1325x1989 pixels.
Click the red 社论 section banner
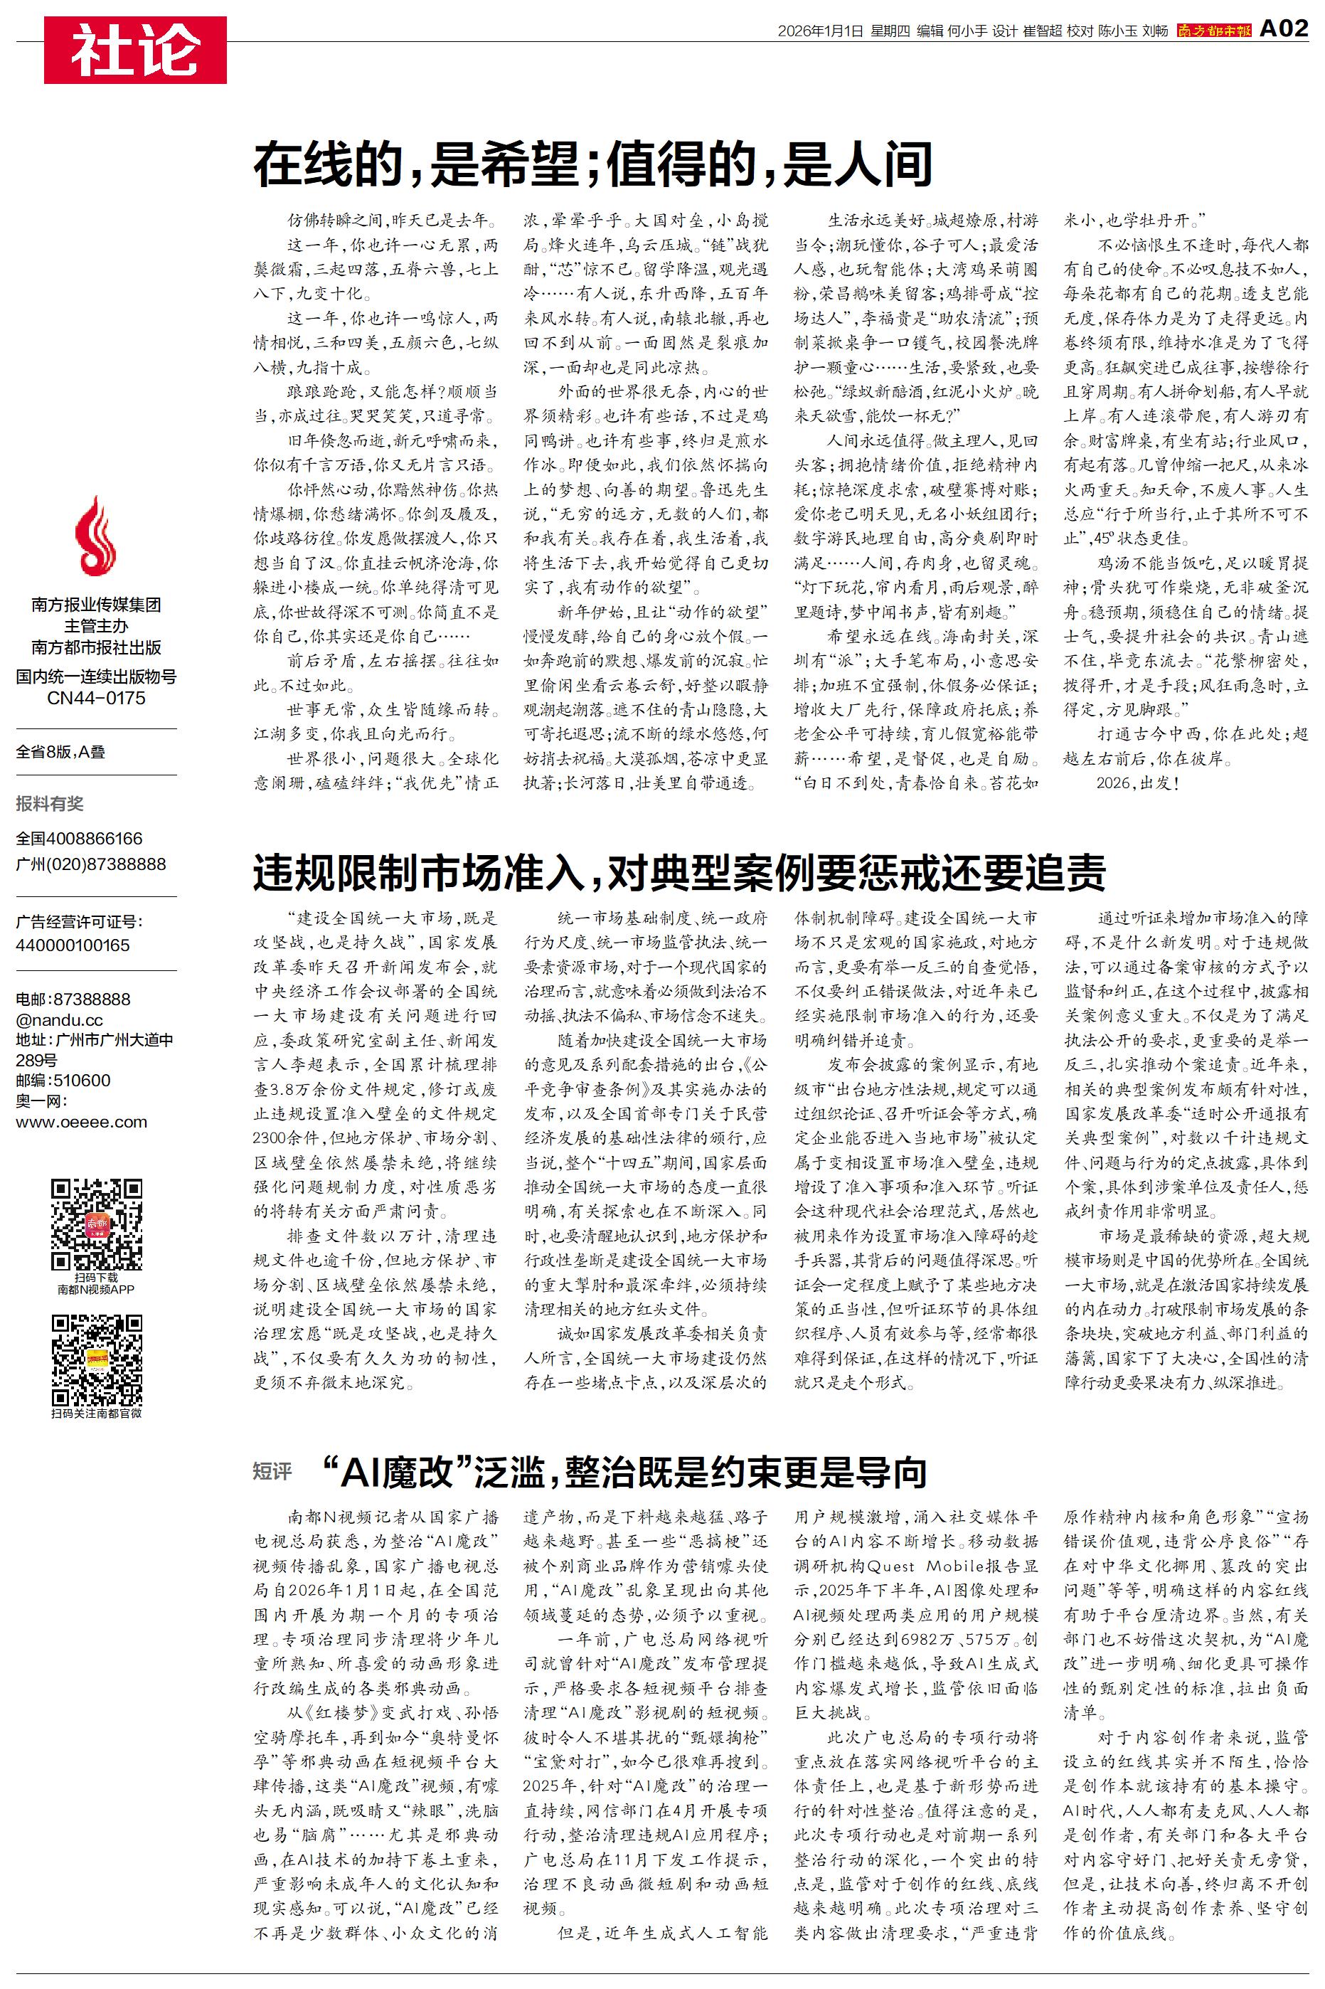point(135,50)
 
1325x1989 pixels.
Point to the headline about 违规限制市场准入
point(679,873)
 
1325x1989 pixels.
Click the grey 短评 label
point(272,1471)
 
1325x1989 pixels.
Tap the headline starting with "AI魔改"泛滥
point(624,1471)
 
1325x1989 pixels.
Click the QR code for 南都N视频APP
point(96,1224)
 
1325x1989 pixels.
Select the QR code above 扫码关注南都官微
point(96,1359)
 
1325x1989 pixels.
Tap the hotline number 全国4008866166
point(80,838)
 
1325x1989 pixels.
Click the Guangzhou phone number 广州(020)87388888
point(90,864)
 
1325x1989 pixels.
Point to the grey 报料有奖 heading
point(50,804)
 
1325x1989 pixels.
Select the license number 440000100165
point(73,945)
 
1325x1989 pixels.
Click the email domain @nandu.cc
point(59,1020)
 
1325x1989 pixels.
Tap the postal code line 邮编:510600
point(63,1080)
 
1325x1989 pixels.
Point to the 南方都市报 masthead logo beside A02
point(1213,31)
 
